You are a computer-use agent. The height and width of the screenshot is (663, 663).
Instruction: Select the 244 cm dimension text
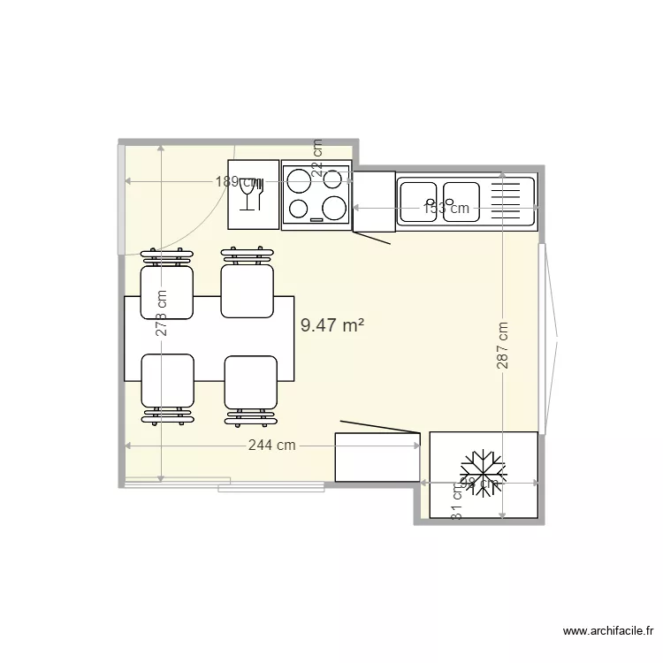point(271,446)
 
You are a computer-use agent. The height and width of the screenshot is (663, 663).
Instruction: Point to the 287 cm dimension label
point(502,345)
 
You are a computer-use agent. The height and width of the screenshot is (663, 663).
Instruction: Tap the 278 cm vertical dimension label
point(162,314)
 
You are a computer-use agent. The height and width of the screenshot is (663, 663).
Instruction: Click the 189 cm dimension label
point(236,182)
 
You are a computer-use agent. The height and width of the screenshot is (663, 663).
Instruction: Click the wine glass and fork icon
point(252,194)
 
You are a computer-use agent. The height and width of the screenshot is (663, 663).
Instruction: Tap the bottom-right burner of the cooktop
point(333,209)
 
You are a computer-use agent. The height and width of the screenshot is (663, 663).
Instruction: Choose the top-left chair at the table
point(166,290)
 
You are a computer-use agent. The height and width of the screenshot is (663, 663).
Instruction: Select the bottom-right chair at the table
point(250,383)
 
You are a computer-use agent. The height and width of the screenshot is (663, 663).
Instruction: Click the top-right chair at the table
point(246,290)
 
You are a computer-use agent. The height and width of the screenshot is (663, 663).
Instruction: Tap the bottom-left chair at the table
point(167,381)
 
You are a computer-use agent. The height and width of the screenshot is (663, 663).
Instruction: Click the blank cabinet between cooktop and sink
point(373,202)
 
